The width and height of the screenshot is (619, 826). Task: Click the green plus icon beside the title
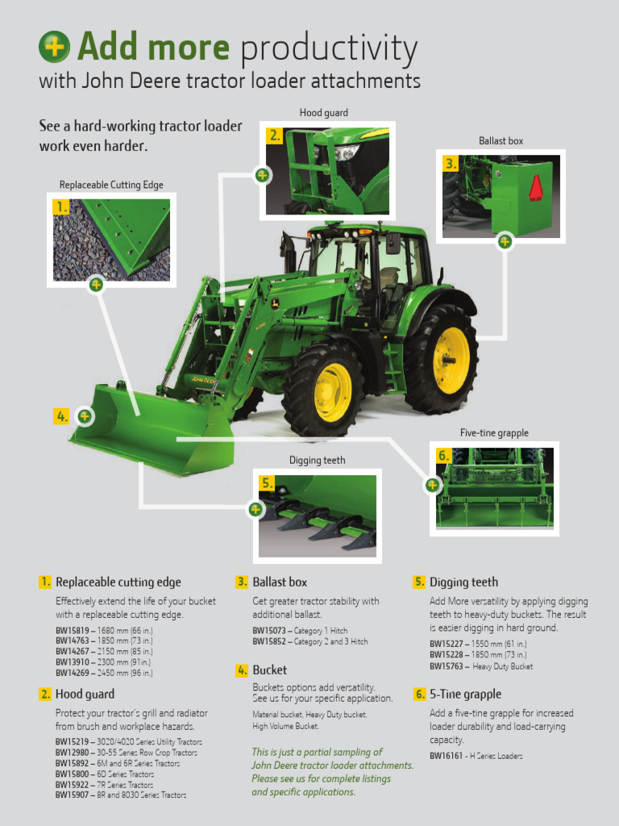[54, 47]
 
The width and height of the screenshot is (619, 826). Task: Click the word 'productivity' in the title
[329, 48]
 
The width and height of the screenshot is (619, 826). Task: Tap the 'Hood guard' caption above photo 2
[323, 113]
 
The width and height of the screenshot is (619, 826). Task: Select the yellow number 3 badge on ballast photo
[451, 164]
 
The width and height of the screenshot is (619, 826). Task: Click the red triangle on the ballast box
[535, 187]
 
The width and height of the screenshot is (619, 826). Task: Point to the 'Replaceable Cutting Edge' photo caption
[111, 186]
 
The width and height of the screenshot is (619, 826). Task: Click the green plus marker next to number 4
[85, 416]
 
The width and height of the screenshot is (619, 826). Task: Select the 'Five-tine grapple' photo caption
[494, 433]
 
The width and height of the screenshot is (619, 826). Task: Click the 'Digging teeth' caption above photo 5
[317, 461]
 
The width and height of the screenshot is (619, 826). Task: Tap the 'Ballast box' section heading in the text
[280, 582]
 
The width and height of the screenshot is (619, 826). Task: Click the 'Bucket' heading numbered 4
[269, 670]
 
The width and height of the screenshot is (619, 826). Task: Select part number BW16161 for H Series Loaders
[446, 756]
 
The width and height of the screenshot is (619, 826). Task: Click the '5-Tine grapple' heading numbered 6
[465, 695]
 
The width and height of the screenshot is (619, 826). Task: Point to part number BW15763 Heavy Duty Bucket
[446, 666]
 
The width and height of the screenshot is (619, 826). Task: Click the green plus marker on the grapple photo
[433, 485]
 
